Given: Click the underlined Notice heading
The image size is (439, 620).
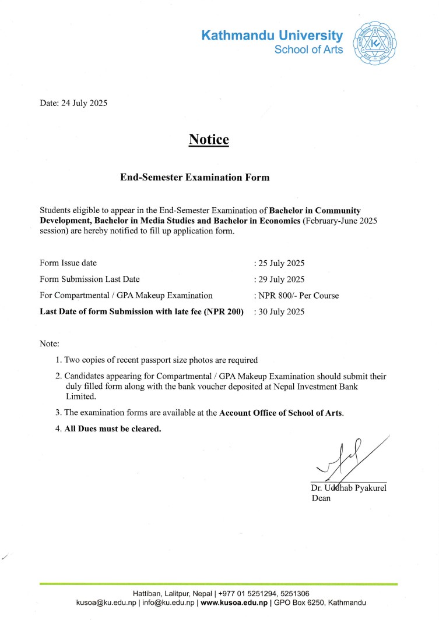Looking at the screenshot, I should (x=209, y=140).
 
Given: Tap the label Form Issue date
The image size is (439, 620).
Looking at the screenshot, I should (x=68, y=263).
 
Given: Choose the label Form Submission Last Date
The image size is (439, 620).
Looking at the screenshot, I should (x=90, y=279).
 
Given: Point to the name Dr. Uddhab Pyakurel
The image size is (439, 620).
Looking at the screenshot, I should (x=349, y=488).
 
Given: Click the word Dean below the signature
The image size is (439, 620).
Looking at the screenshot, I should (x=321, y=498).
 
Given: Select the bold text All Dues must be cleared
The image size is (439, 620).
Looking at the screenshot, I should (x=113, y=429).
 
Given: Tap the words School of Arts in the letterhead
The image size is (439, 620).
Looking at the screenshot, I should (x=308, y=49).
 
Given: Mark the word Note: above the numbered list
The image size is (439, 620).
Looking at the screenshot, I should (x=50, y=344).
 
